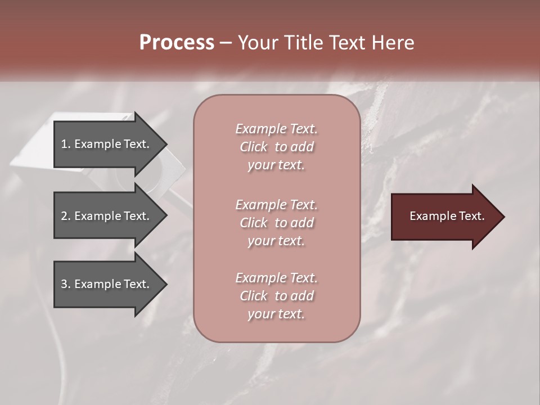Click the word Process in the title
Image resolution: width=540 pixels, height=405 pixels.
pos(177,43)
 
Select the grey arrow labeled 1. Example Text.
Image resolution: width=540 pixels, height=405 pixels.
pos(107,144)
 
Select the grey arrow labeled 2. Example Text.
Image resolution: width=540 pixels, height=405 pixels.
pos(107,216)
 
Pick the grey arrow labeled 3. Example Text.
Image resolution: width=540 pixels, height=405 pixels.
pos(107,284)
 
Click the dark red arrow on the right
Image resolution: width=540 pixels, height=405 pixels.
pos(444,217)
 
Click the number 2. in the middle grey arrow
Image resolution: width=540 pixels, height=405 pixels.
pos(66,216)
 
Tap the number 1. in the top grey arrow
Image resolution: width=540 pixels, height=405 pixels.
pos(66,144)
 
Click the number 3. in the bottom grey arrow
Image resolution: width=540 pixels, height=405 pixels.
pos(66,284)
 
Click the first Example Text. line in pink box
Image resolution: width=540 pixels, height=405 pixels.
pos(276,129)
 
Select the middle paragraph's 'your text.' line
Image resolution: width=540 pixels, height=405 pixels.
pos(276,241)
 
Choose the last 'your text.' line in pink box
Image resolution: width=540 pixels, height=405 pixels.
pos(276,314)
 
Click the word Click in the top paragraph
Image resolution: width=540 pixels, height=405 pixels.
pos(254,147)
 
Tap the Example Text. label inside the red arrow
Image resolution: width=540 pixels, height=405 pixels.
pos(447,216)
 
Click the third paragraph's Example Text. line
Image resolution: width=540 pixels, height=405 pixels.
pos(276,278)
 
